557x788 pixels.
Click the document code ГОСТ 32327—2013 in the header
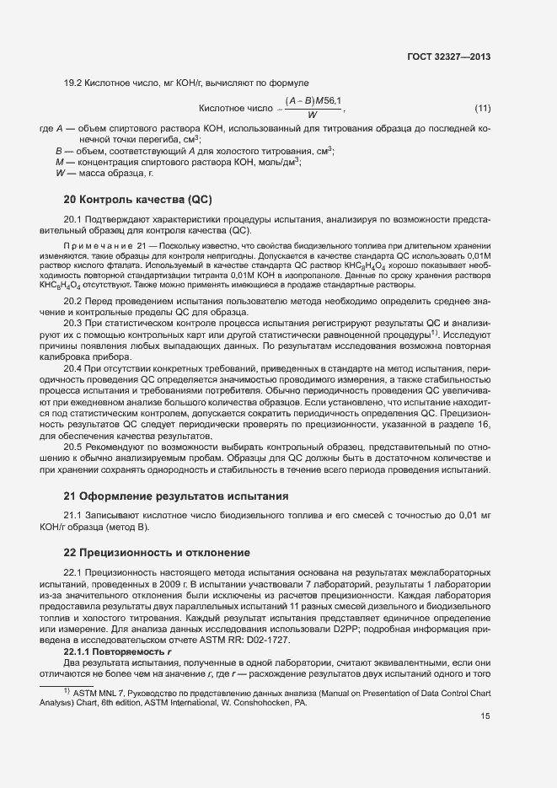click(x=451, y=56)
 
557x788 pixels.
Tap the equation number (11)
click(x=482, y=108)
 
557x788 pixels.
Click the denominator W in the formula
click(x=312, y=115)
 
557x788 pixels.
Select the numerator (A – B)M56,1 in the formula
click(x=313, y=101)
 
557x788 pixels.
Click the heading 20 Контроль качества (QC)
click(x=137, y=200)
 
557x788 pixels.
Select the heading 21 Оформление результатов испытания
click(x=176, y=495)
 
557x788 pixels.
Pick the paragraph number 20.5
click(x=74, y=446)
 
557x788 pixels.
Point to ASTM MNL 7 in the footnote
click(x=95, y=691)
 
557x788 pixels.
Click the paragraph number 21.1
click(x=74, y=516)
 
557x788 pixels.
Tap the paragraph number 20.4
click(x=74, y=368)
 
